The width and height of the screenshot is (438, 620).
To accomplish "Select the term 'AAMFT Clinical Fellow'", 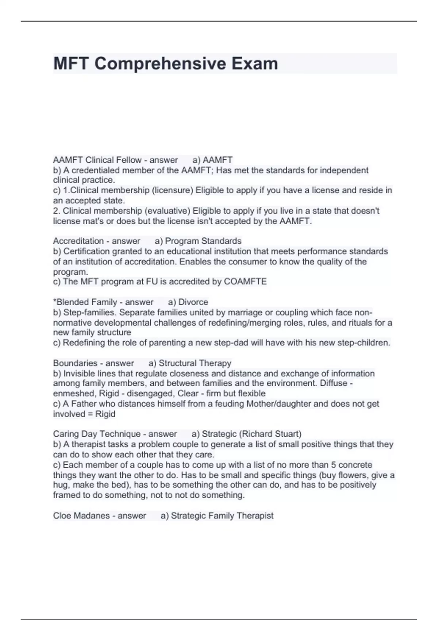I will point(97,160).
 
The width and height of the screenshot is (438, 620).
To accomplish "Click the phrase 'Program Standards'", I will point(203,241).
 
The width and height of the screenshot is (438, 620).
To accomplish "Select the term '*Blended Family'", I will point(85,302).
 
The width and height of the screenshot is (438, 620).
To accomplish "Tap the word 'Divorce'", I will point(193,302).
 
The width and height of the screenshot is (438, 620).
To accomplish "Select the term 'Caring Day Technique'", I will point(97,434).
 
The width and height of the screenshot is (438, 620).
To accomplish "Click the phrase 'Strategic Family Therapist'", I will point(222,515).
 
